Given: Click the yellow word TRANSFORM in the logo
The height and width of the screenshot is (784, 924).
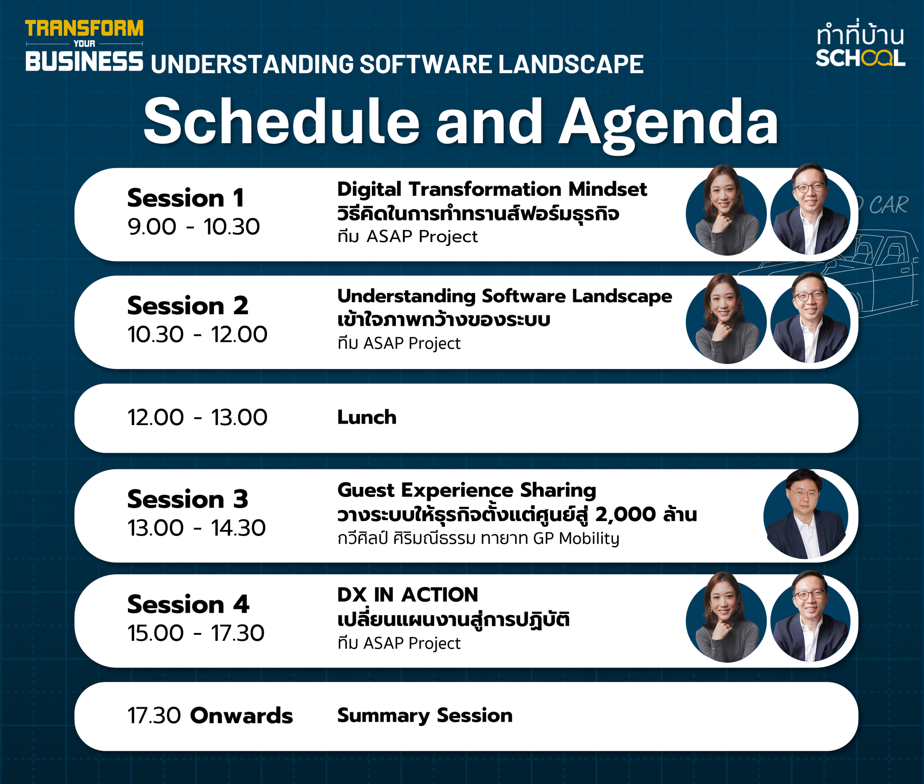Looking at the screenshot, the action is pyautogui.click(x=84, y=28).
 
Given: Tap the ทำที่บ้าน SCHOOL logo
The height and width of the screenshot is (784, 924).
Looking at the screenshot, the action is pyautogui.click(x=860, y=45).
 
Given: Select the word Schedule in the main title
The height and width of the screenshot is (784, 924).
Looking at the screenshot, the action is pyautogui.click(x=281, y=122).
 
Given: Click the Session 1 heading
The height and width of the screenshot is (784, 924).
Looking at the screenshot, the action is pyautogui.click(x=186, y=198).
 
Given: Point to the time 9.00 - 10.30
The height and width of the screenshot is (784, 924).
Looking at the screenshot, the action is pyautogui.click(x=194, y=227).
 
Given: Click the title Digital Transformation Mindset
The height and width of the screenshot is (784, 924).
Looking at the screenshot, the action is pyautogui.click(x=492, y=189).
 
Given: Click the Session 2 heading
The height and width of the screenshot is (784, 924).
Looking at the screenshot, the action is pyautogui.click(x=188, y=306).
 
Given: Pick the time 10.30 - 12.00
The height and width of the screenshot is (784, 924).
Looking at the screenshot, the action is pyautogui.click(x=197, y=334).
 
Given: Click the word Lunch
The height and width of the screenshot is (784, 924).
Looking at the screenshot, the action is pyautogui.click(x=367, y=417).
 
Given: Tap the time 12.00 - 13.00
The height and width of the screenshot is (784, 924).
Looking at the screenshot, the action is pyautogui.click(x=197, y=418).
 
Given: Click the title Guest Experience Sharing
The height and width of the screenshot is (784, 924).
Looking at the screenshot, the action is pyautogui.click(x=467, y=491).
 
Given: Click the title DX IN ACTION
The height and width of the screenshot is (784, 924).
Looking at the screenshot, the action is pyautogui.click(x=407, y=595).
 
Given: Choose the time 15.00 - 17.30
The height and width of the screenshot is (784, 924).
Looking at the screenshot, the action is pyautogui.click(x=196, y=633).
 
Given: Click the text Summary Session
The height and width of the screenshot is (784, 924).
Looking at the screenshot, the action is pyautogui.click(x=425, y=716).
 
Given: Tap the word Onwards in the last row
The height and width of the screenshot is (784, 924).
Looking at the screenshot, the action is pyautogui.click(x=242, y=716).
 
